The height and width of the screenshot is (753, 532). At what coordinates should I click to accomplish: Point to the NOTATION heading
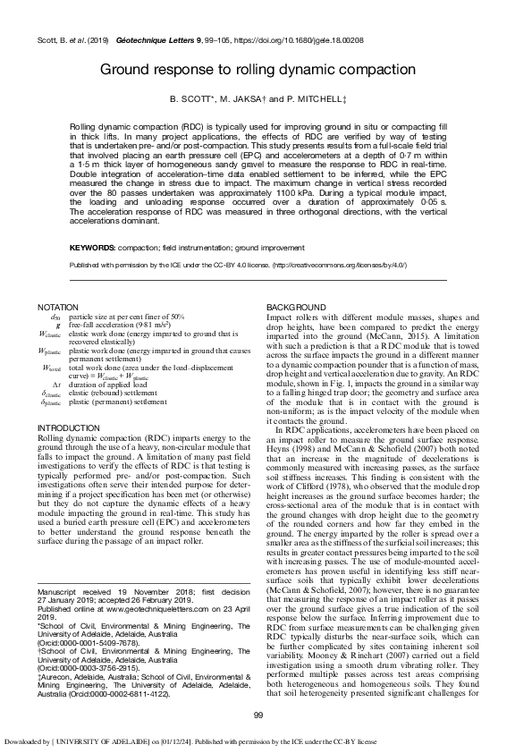[55, 308]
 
